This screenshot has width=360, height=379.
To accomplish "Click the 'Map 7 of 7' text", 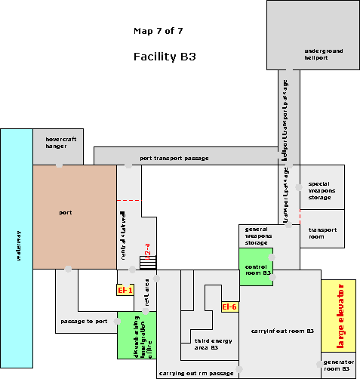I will [157, 32].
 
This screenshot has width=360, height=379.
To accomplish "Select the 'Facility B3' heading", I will [165, 57].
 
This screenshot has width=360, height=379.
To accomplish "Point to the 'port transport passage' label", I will [174, 159].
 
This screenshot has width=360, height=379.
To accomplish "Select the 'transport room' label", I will [322, 233].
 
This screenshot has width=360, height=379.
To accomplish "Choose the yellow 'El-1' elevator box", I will [125, 290].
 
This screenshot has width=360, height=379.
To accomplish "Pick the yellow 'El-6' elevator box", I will [229, 307].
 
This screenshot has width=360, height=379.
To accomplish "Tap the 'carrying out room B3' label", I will [282, 331].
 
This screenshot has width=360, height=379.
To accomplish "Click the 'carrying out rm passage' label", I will [195, 373].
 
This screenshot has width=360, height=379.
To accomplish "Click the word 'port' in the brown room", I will [65, 213].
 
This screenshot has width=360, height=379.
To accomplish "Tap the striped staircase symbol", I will [148, 263].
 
